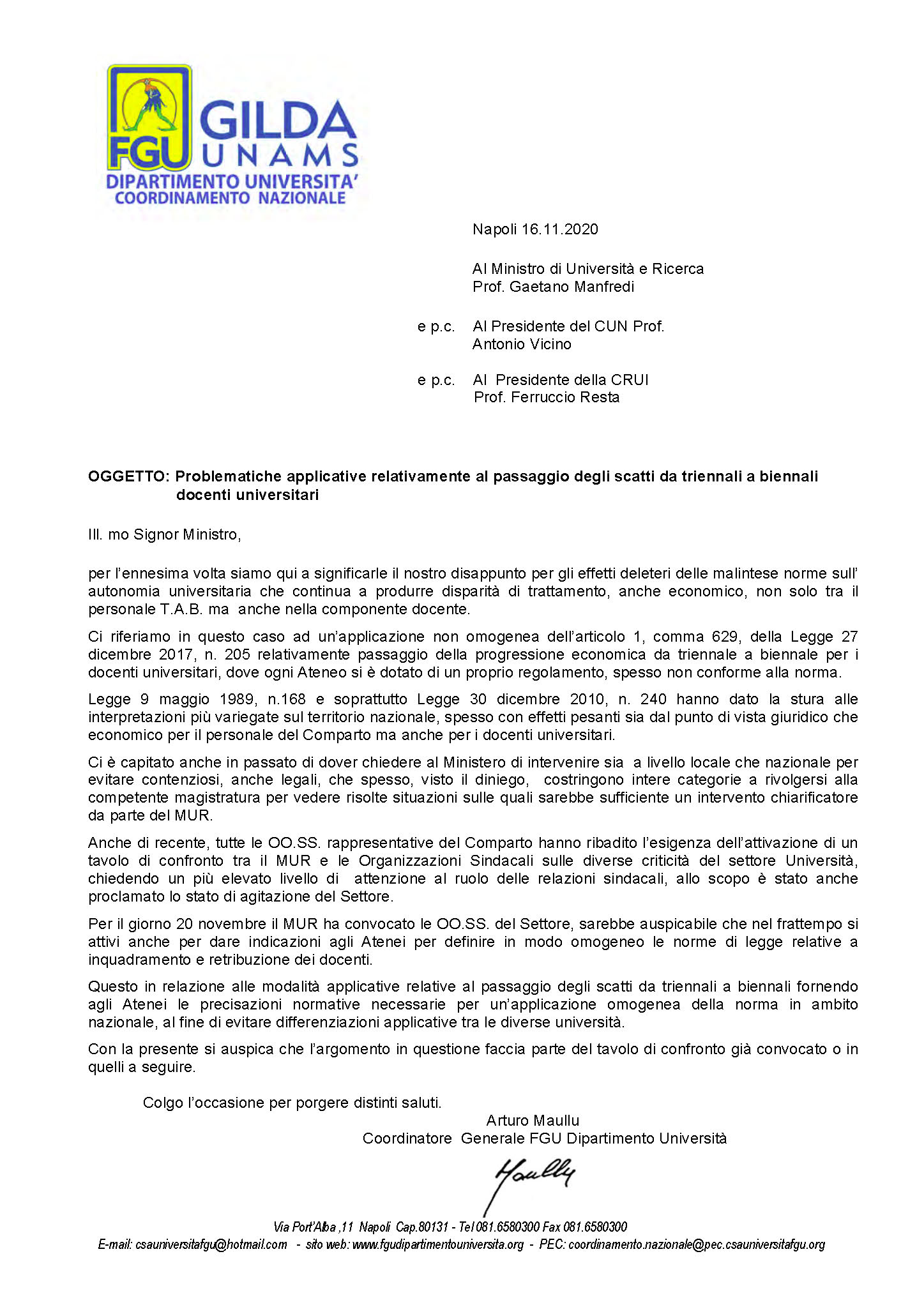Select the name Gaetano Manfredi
pyautogui.click(x=572, y=287)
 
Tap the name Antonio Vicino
pyautogui.click(x=522, y=344)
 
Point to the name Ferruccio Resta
pyautogui.click(x=565, y=397)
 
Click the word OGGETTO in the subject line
pyautogui.click(x=128, y=476)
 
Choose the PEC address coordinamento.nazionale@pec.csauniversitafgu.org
pyautogui.click(x=697, y=1244)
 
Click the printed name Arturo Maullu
pyautogui.click(x=533, y=1120)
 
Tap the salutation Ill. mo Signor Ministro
pyautogui.click(x=164, y=534)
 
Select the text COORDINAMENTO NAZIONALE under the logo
pyautogui.click(x=230, y=198)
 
